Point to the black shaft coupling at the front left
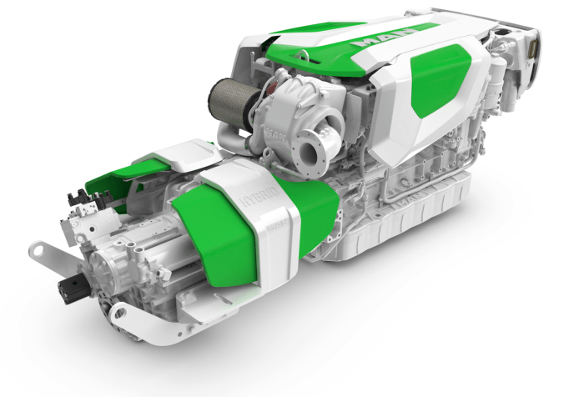tap(71, 289)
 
